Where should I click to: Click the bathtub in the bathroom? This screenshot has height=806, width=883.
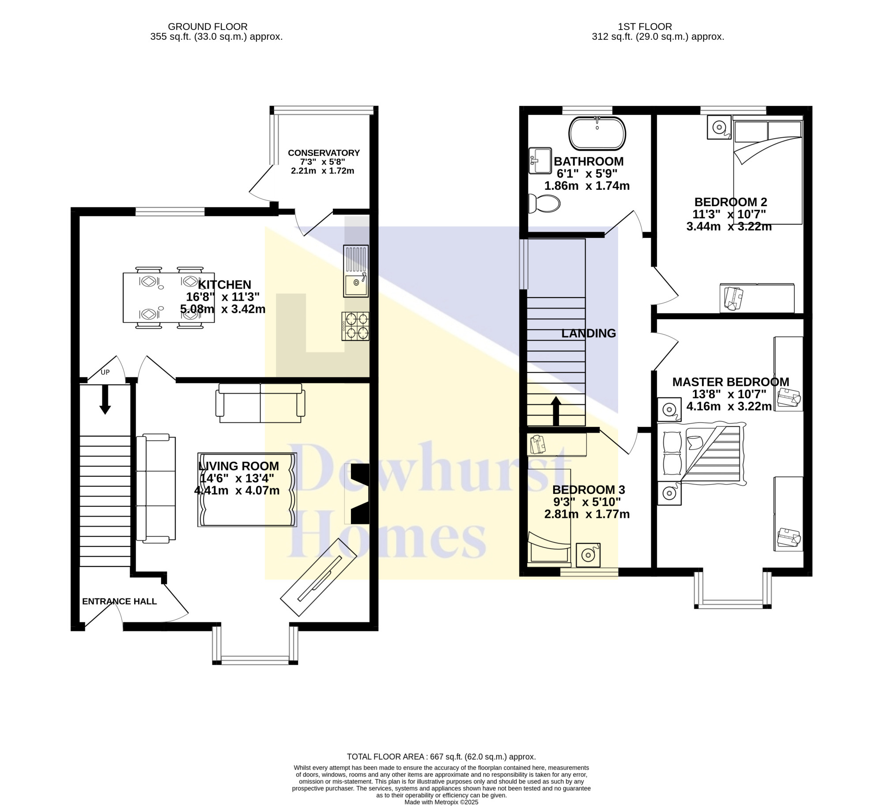[x=597, y=133]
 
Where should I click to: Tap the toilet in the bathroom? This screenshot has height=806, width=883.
[x=544, y=203]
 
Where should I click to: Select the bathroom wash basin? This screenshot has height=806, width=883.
[x=540, y=161]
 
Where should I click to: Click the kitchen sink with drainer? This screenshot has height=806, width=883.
[x=356, y=271]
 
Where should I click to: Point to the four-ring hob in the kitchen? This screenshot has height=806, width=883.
[x=355, y=326]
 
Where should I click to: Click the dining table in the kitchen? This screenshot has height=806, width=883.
[x=169, y=298]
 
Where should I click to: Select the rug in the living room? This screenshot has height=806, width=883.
[x=247, y=490]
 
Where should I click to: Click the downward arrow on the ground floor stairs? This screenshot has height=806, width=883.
[x=105, y=399]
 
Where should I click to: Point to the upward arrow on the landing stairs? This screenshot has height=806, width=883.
[x=556, y=411]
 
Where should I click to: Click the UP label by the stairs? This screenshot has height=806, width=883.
[x=105, y=372]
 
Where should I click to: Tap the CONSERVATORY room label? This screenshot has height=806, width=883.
[x=324, y=153]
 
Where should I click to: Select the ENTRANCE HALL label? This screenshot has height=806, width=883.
[x=119, y=601]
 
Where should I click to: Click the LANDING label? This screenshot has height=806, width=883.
[x=589, y=333]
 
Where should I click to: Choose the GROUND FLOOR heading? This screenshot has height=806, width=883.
[x=208, y=27]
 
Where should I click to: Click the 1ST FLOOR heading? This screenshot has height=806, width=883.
[x=645, y=27]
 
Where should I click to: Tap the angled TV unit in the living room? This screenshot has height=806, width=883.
[x=318, y=577]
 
